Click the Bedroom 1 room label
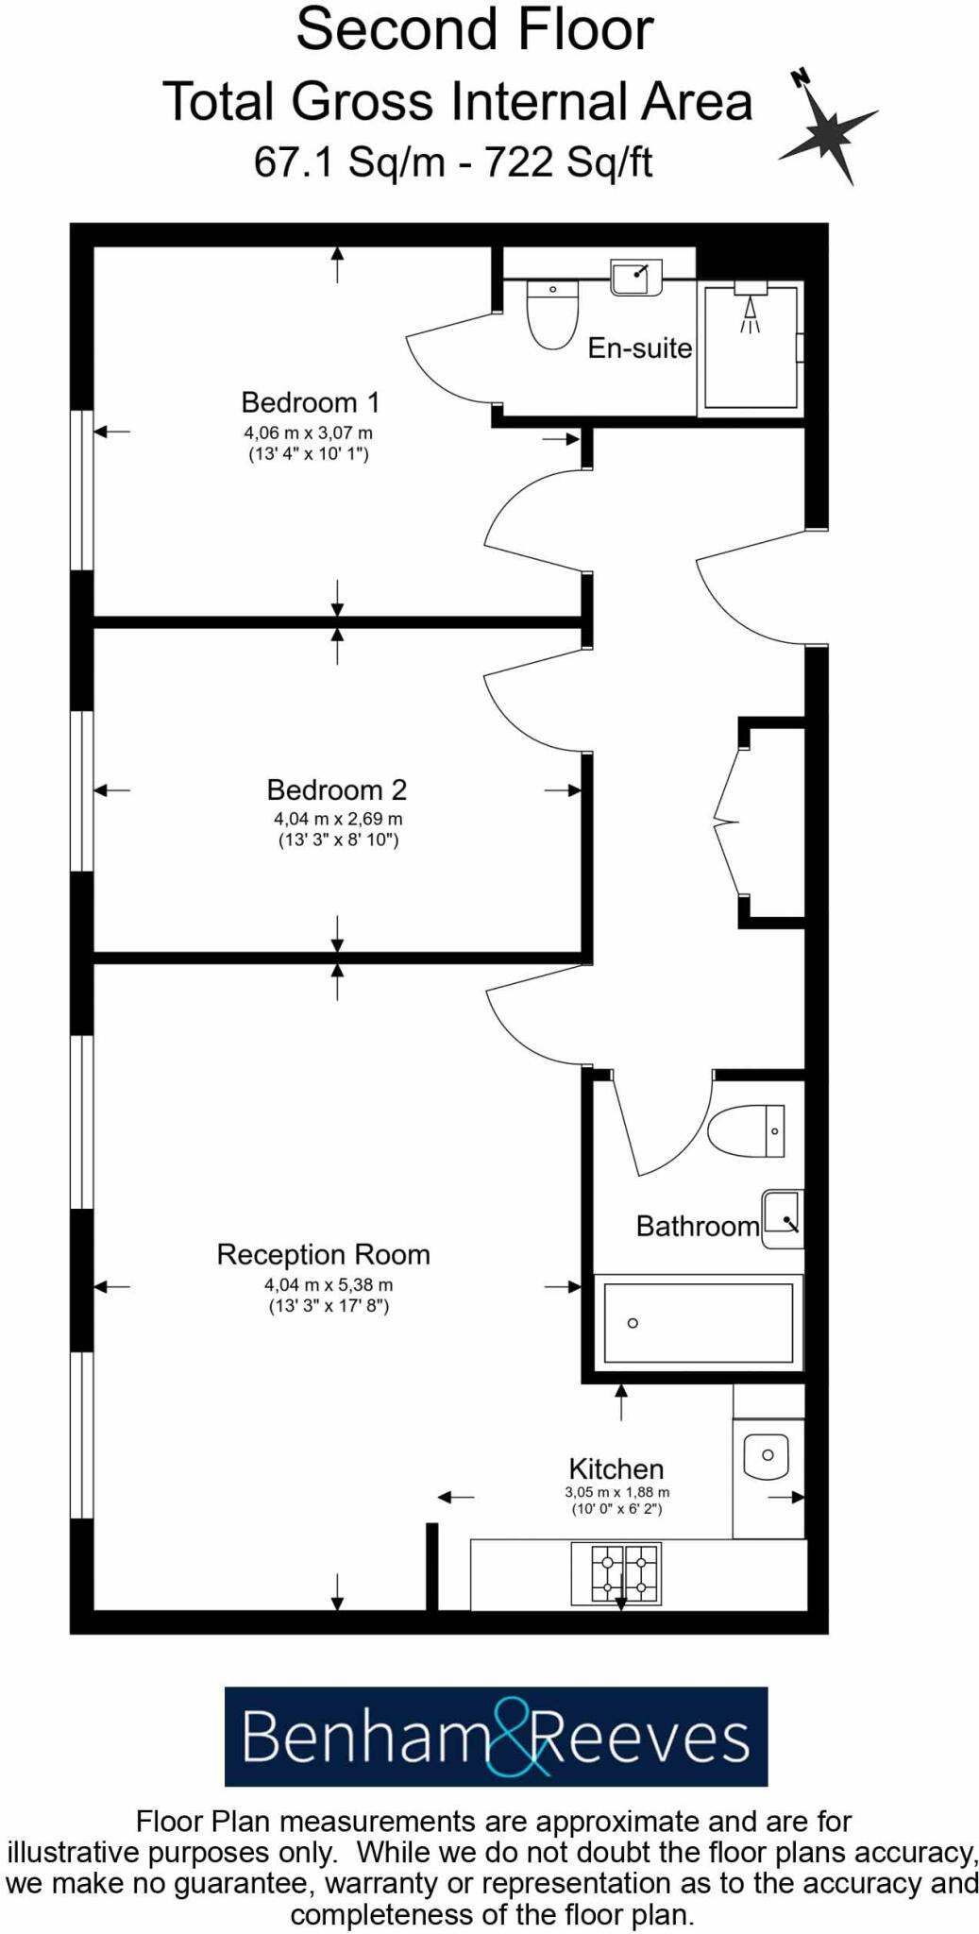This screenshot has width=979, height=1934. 310,402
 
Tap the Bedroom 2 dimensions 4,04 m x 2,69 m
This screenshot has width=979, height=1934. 338,819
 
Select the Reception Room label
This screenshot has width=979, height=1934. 323,1254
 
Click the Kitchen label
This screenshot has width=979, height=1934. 616,1468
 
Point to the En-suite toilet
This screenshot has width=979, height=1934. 551,314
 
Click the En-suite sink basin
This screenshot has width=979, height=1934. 636,278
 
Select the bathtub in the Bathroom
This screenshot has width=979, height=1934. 698,1322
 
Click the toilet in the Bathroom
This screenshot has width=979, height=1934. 747,1130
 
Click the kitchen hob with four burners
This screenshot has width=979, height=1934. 616,1574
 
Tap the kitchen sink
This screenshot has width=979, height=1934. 766,1456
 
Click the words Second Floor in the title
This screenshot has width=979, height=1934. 474,30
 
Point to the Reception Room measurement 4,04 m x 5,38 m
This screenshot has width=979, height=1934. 329,1284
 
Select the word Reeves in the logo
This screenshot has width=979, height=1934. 642,1738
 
